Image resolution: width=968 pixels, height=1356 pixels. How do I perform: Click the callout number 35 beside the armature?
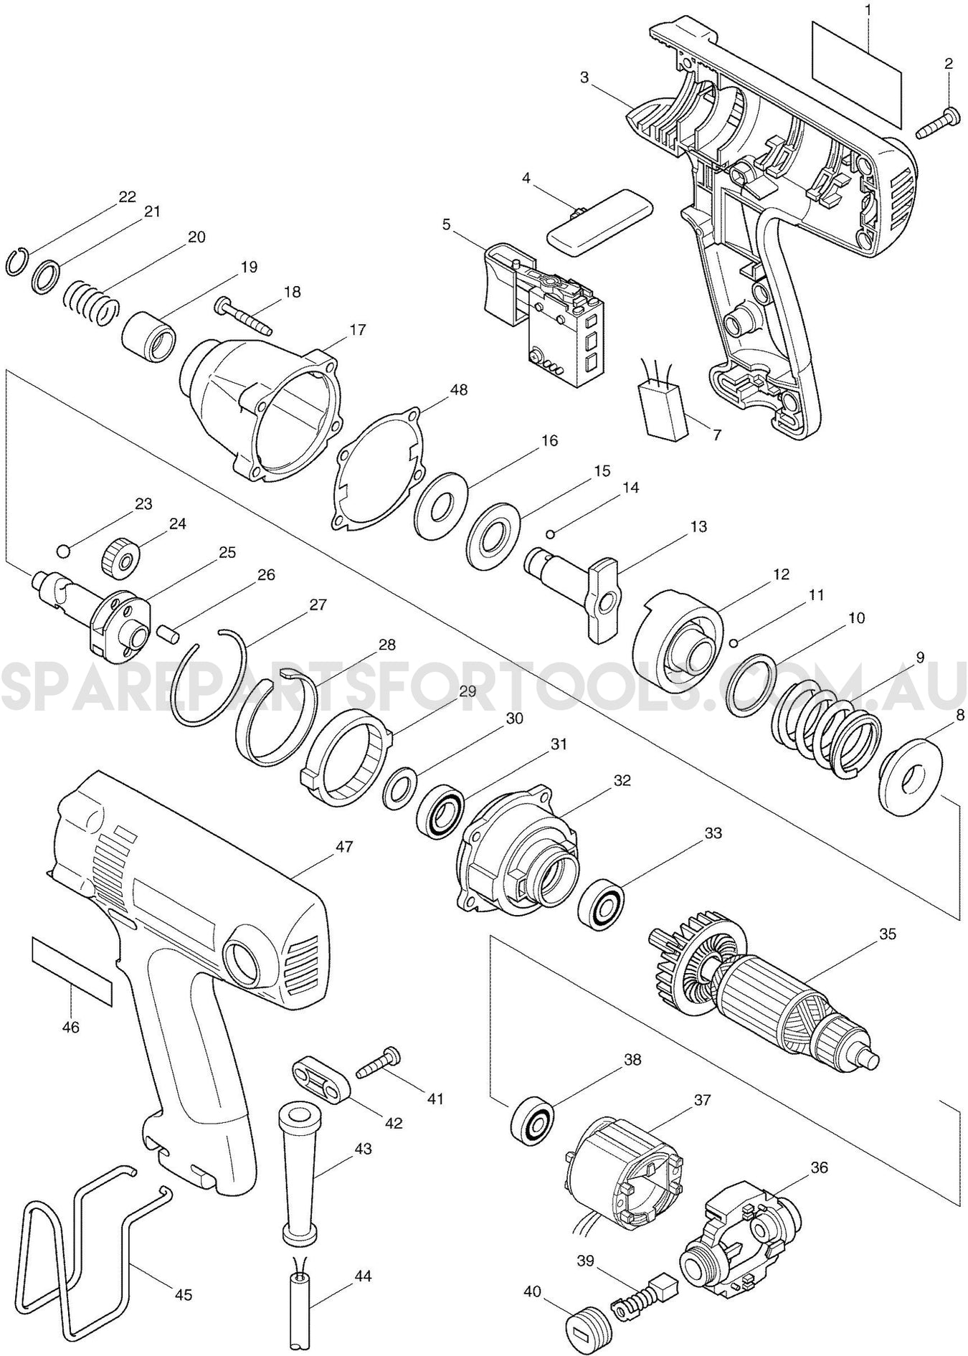(888, 935)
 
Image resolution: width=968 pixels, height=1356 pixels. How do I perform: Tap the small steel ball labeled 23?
(64, 551)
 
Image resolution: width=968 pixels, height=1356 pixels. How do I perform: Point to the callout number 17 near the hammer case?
(357, 330)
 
